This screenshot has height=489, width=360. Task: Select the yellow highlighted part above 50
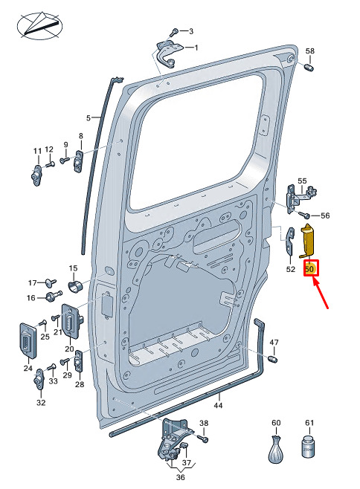click(x=307, y=241)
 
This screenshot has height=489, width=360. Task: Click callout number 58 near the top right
click(x=309, y=51)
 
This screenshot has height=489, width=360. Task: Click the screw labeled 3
click(x=174, y=32)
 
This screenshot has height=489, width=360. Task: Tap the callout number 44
click(x=218, y=405)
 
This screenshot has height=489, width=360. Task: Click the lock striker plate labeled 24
click(x=28, y=340)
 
